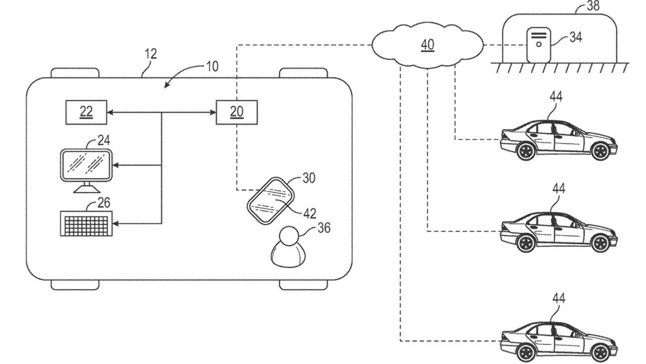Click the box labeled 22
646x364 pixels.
click(x=86, y=112)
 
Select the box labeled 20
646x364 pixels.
click(x=237, y=112)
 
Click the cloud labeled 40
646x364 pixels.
click(x=427, y=46)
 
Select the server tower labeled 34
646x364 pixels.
click(x=538, y=45)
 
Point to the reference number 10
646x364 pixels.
click(x=211, y=66)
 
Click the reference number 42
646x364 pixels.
click(x=310, y=213)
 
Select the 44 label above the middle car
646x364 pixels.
click(x=558, y=189)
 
